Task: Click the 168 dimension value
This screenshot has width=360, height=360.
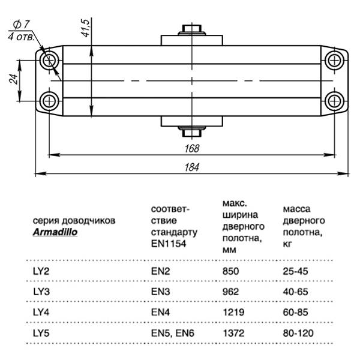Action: (x=192, y=148)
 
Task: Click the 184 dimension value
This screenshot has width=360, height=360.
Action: (x=192, y=167)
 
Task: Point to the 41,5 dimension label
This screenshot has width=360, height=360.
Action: (x=86, y=28)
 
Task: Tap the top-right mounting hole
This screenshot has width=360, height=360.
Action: (x=334, y=61)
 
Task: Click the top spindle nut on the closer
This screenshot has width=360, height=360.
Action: (x=191, y=30)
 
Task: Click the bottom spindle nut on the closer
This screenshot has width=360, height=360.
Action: (x=191, y=130)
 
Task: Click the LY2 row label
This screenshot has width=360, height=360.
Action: (x=41, y=271)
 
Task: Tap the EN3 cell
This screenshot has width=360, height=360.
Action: (x=161, y=291)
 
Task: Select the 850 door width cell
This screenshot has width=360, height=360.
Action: (x=230, y=271)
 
